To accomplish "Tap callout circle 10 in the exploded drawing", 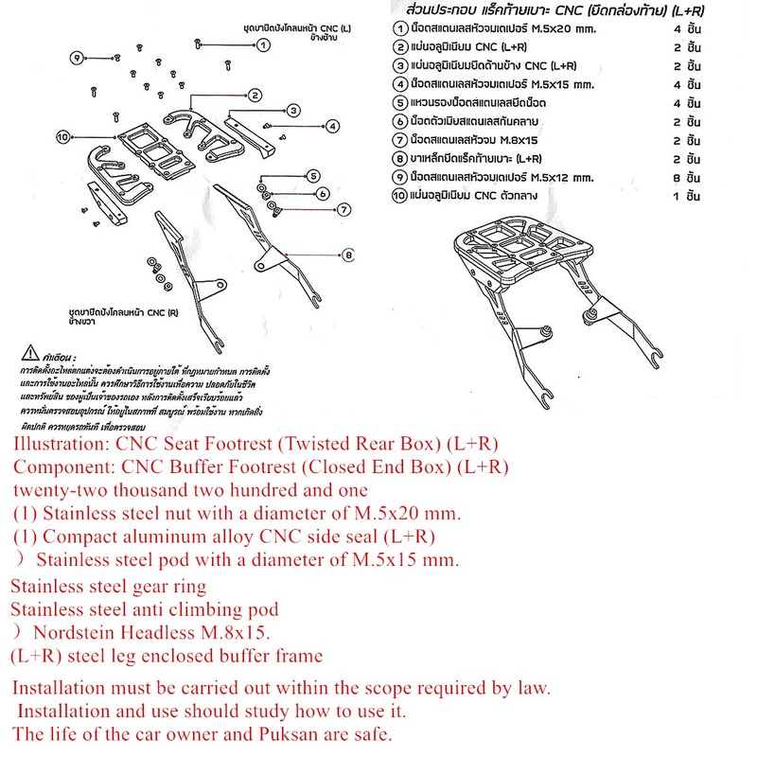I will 63,136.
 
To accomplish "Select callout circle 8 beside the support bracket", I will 348,254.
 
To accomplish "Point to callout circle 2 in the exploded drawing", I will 255,95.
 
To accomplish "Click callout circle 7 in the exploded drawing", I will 344,209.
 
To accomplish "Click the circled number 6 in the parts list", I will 400,121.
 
